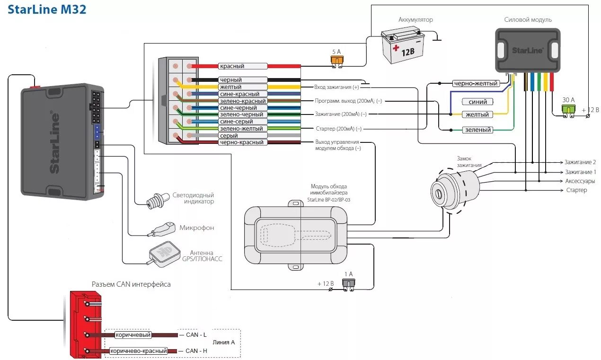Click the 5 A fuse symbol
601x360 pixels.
[337, 61]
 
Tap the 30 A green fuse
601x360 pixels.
[568, 111]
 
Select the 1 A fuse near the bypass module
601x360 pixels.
[348, 285]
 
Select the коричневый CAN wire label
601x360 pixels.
[133, 335]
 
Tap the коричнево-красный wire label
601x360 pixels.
[139, 351]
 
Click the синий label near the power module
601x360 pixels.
[477, 102]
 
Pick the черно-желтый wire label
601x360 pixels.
[476, 83]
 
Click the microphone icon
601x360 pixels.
[161, 229]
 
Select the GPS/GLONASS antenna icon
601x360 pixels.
[164, 255]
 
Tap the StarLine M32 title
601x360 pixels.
[47, 9]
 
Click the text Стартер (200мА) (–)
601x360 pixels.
[339, 129]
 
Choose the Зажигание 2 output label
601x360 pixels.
[580, 162]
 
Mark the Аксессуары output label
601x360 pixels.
[580, 181]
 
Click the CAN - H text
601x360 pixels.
[196, 351]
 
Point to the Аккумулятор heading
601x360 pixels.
[415, 19]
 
